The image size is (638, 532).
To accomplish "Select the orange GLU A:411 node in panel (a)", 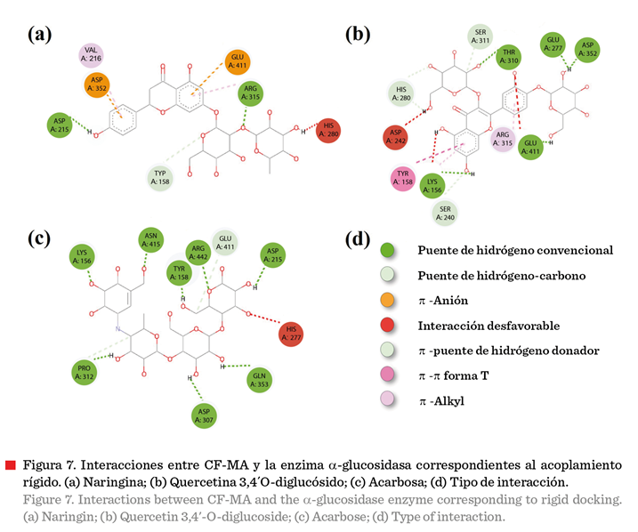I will [x=237, y=60].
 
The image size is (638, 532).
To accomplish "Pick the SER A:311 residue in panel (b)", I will [x=480, y=36].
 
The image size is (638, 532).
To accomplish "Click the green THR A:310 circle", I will [x=509, y=55].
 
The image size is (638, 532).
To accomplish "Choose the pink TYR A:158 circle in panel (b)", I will [x=405, y=177].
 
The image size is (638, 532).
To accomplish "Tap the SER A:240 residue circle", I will [x=443, y=211].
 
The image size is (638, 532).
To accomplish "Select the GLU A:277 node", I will [x=553, y=44].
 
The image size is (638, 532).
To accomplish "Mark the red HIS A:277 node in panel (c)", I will [x=290, y=334].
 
